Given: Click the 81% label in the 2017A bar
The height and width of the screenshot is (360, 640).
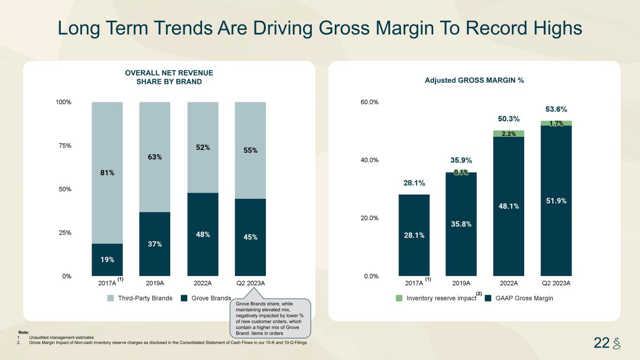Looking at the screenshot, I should pos(107,173).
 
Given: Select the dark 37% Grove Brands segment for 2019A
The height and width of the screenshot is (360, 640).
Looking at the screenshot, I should pos(155,244).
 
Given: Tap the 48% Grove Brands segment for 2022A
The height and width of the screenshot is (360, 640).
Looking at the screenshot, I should pos(203,234).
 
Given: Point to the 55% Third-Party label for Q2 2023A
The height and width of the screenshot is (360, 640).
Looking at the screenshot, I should pos(250,150).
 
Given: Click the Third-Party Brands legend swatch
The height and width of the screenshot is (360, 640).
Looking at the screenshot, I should pos(111,298).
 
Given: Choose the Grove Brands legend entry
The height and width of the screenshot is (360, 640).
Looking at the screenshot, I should pos(206,298).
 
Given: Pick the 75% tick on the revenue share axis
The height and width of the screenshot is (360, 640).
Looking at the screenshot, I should pos(64,145).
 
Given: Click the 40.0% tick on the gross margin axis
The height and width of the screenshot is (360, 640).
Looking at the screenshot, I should pos(369,160).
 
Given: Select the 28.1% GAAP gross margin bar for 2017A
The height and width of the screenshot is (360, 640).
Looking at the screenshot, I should pos(414,235).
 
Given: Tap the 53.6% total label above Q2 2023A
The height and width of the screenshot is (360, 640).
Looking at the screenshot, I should pos(556,109).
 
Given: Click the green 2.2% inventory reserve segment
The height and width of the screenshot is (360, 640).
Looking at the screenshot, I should pos(509,134).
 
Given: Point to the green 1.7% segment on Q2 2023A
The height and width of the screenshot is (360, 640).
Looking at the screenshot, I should pos(556,123).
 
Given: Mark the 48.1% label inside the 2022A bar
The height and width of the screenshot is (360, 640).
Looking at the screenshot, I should pos(509,206).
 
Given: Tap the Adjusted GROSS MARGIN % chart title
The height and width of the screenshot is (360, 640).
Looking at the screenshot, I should pos(474,81).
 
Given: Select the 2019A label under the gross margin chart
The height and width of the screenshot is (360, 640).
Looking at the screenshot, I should pos(461,283).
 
